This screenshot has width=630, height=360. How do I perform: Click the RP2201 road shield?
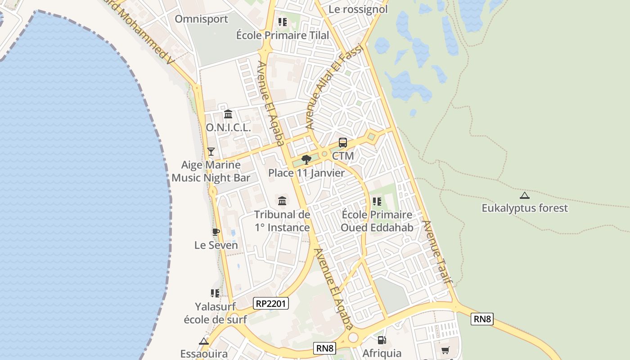(271, 303)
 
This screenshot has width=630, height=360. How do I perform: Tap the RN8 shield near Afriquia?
(324, 348)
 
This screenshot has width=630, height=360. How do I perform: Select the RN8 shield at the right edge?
(482, 319)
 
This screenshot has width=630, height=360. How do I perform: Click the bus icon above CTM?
(343, 143)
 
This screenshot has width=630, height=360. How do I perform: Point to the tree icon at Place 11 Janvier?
(306, 159)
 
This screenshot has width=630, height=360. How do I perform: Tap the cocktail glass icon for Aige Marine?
(211, 152)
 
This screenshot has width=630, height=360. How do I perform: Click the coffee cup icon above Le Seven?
(216, 232)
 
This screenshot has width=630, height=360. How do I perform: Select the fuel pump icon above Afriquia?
(382, 340)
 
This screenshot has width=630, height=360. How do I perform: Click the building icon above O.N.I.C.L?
(228, 114)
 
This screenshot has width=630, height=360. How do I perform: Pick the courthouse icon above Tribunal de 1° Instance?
(282, 201)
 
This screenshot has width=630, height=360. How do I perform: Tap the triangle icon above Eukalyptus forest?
(524, 195)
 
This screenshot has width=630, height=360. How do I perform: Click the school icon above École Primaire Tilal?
(283, 22)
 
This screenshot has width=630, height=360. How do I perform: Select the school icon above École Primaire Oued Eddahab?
(377, 201)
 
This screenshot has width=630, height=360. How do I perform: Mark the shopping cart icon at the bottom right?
(445, 350)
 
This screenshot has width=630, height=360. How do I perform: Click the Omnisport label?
(201, 19)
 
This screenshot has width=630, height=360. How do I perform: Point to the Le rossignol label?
(358, 9)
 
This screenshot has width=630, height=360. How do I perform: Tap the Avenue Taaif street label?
(437, 252)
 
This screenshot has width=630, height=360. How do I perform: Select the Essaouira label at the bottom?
(204, 353)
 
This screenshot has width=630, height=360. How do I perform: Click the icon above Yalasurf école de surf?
(215, 293)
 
